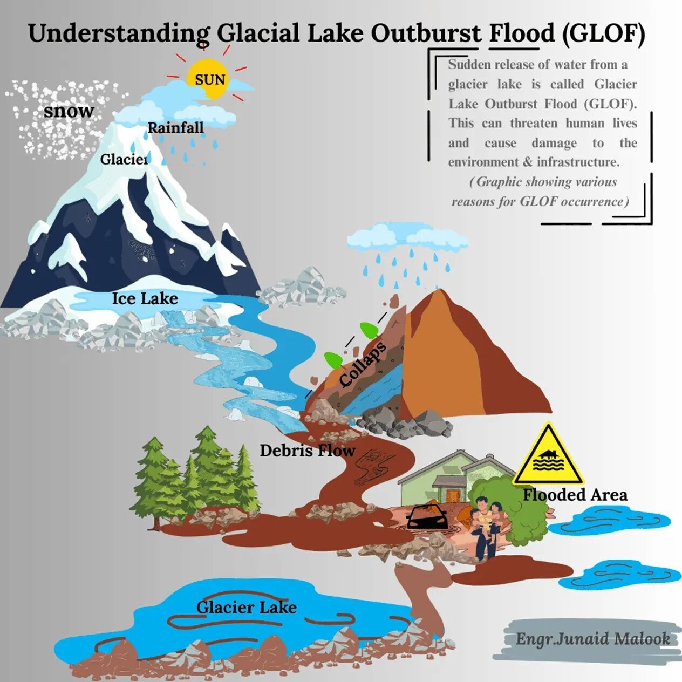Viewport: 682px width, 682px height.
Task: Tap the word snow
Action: (69, 111)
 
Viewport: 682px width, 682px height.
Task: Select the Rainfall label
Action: (175, 128)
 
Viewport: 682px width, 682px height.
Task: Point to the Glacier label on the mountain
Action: (124, 159)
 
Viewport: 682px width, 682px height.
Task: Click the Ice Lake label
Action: (145, 298)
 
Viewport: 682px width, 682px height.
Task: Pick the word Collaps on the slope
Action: (362, 364)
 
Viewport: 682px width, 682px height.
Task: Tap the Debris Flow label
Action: (308, 451)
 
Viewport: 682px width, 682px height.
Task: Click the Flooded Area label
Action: (575, 495)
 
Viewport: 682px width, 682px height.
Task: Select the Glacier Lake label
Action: (247, 608)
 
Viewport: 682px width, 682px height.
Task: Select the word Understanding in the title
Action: (119, 34)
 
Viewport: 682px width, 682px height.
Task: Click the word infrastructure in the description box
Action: (578, 162)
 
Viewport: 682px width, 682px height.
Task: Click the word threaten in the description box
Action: (534, 124)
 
